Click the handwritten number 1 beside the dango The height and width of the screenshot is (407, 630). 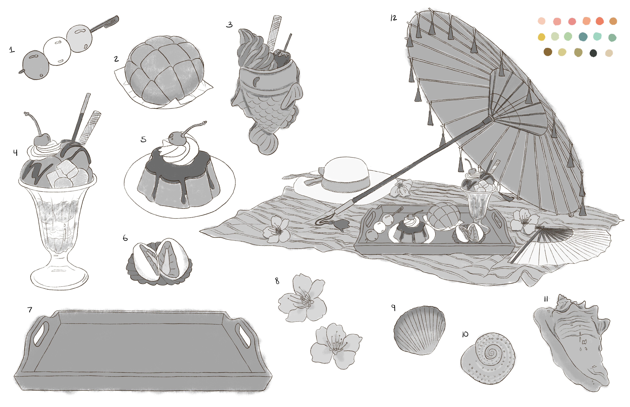(12, 50)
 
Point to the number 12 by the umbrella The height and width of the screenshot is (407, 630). (394, 18)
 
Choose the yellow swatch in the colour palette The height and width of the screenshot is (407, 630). (542, 37)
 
